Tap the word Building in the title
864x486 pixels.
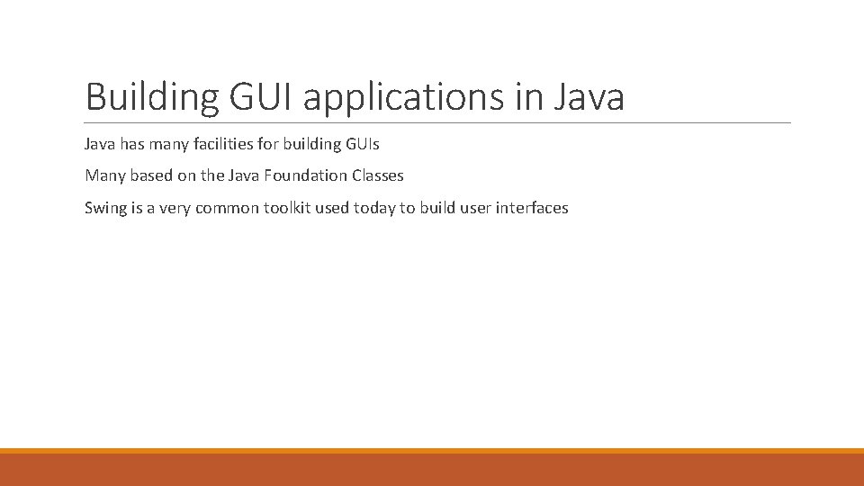click(x=151, y=97)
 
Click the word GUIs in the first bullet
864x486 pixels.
click(x=362, y=144)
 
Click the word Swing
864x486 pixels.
click(x=104, y=208)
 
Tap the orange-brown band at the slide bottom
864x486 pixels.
click(x=432, y=470)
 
